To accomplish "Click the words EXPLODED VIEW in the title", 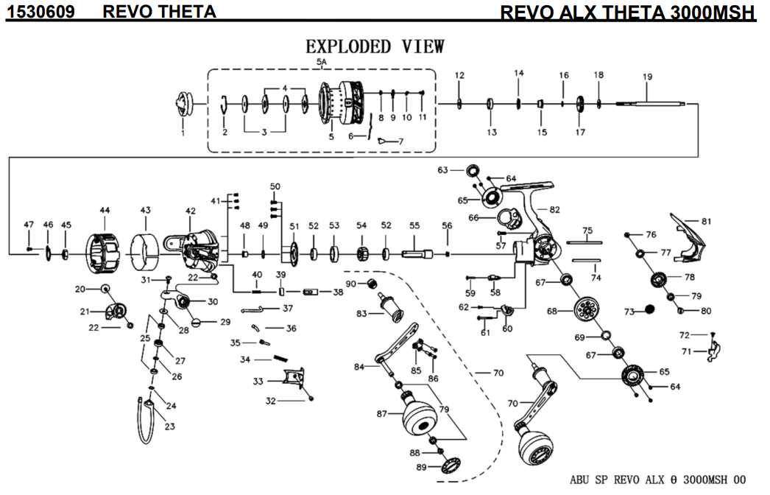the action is (375, 46).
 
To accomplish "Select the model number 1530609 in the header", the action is (40, 11).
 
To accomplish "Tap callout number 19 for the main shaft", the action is (647, 77).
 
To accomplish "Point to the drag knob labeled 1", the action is (182, 104).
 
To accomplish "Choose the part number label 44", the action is (105, 210).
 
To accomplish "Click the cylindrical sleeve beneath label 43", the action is (145, 253).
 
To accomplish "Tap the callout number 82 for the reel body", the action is (554, 209).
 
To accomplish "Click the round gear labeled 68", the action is (587, 311).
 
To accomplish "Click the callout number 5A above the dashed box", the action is (322, 62).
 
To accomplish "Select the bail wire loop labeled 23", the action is (146, 419).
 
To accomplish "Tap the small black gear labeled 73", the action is (649, 309).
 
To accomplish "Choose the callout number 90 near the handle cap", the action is (350, 284).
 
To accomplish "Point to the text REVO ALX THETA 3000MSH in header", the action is (628, 13).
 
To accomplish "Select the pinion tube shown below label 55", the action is (417, 254).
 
